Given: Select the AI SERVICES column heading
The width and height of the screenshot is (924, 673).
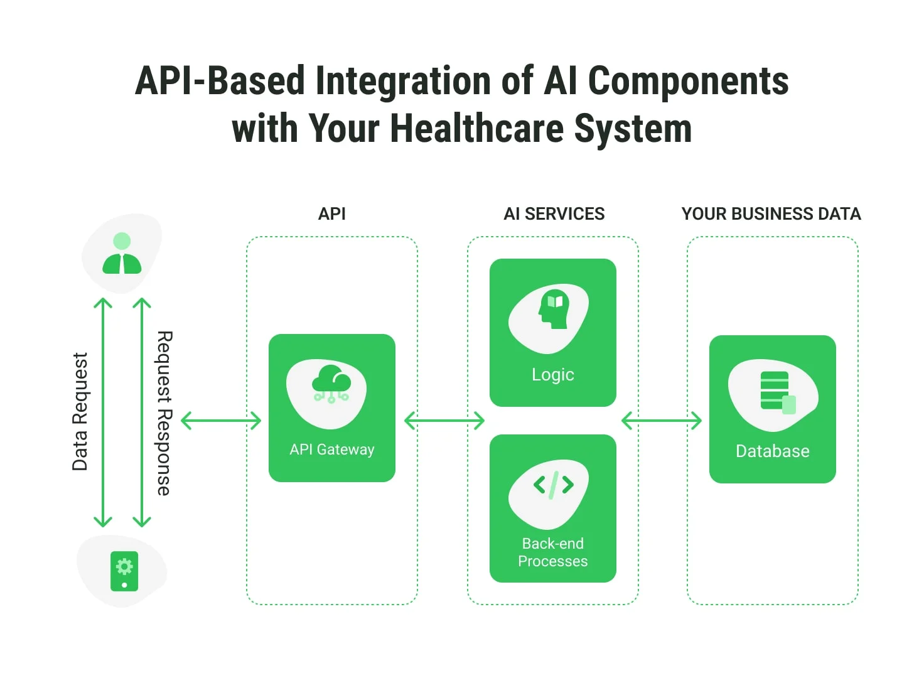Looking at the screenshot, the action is (x=554, y=213).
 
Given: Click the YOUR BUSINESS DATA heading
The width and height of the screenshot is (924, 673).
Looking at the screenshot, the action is (x=771, y=213).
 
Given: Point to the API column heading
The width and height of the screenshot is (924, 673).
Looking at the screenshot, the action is (x=331, y=213).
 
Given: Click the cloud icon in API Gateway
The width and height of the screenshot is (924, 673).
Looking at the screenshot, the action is (x=331, y=384).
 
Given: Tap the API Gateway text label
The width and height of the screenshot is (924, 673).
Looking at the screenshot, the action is (x=332, y=450).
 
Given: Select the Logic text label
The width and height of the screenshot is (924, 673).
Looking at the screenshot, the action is (x=553, y=375).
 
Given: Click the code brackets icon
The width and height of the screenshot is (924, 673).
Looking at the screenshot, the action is (x=554, y=485).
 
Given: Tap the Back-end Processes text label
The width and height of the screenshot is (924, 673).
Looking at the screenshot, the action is (x=553, y=552).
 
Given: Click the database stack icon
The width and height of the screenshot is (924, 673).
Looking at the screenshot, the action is (x=778, y=392).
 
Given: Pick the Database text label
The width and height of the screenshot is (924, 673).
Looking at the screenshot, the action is (x=773, y=451).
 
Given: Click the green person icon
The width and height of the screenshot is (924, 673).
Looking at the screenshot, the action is (x=122, y=253).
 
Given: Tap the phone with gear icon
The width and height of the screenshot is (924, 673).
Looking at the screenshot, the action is (x=124, y=571).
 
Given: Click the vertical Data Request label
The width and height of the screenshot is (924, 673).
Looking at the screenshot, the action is (x=80, y=411).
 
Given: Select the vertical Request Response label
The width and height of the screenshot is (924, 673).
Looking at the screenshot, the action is (x=164, y=413).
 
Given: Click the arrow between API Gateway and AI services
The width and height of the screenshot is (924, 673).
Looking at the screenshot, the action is (x=444, y=421).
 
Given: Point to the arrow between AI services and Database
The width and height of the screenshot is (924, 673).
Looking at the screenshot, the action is (x=661, y=421).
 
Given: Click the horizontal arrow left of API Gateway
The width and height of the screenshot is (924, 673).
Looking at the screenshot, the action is (x=221, y=421).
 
